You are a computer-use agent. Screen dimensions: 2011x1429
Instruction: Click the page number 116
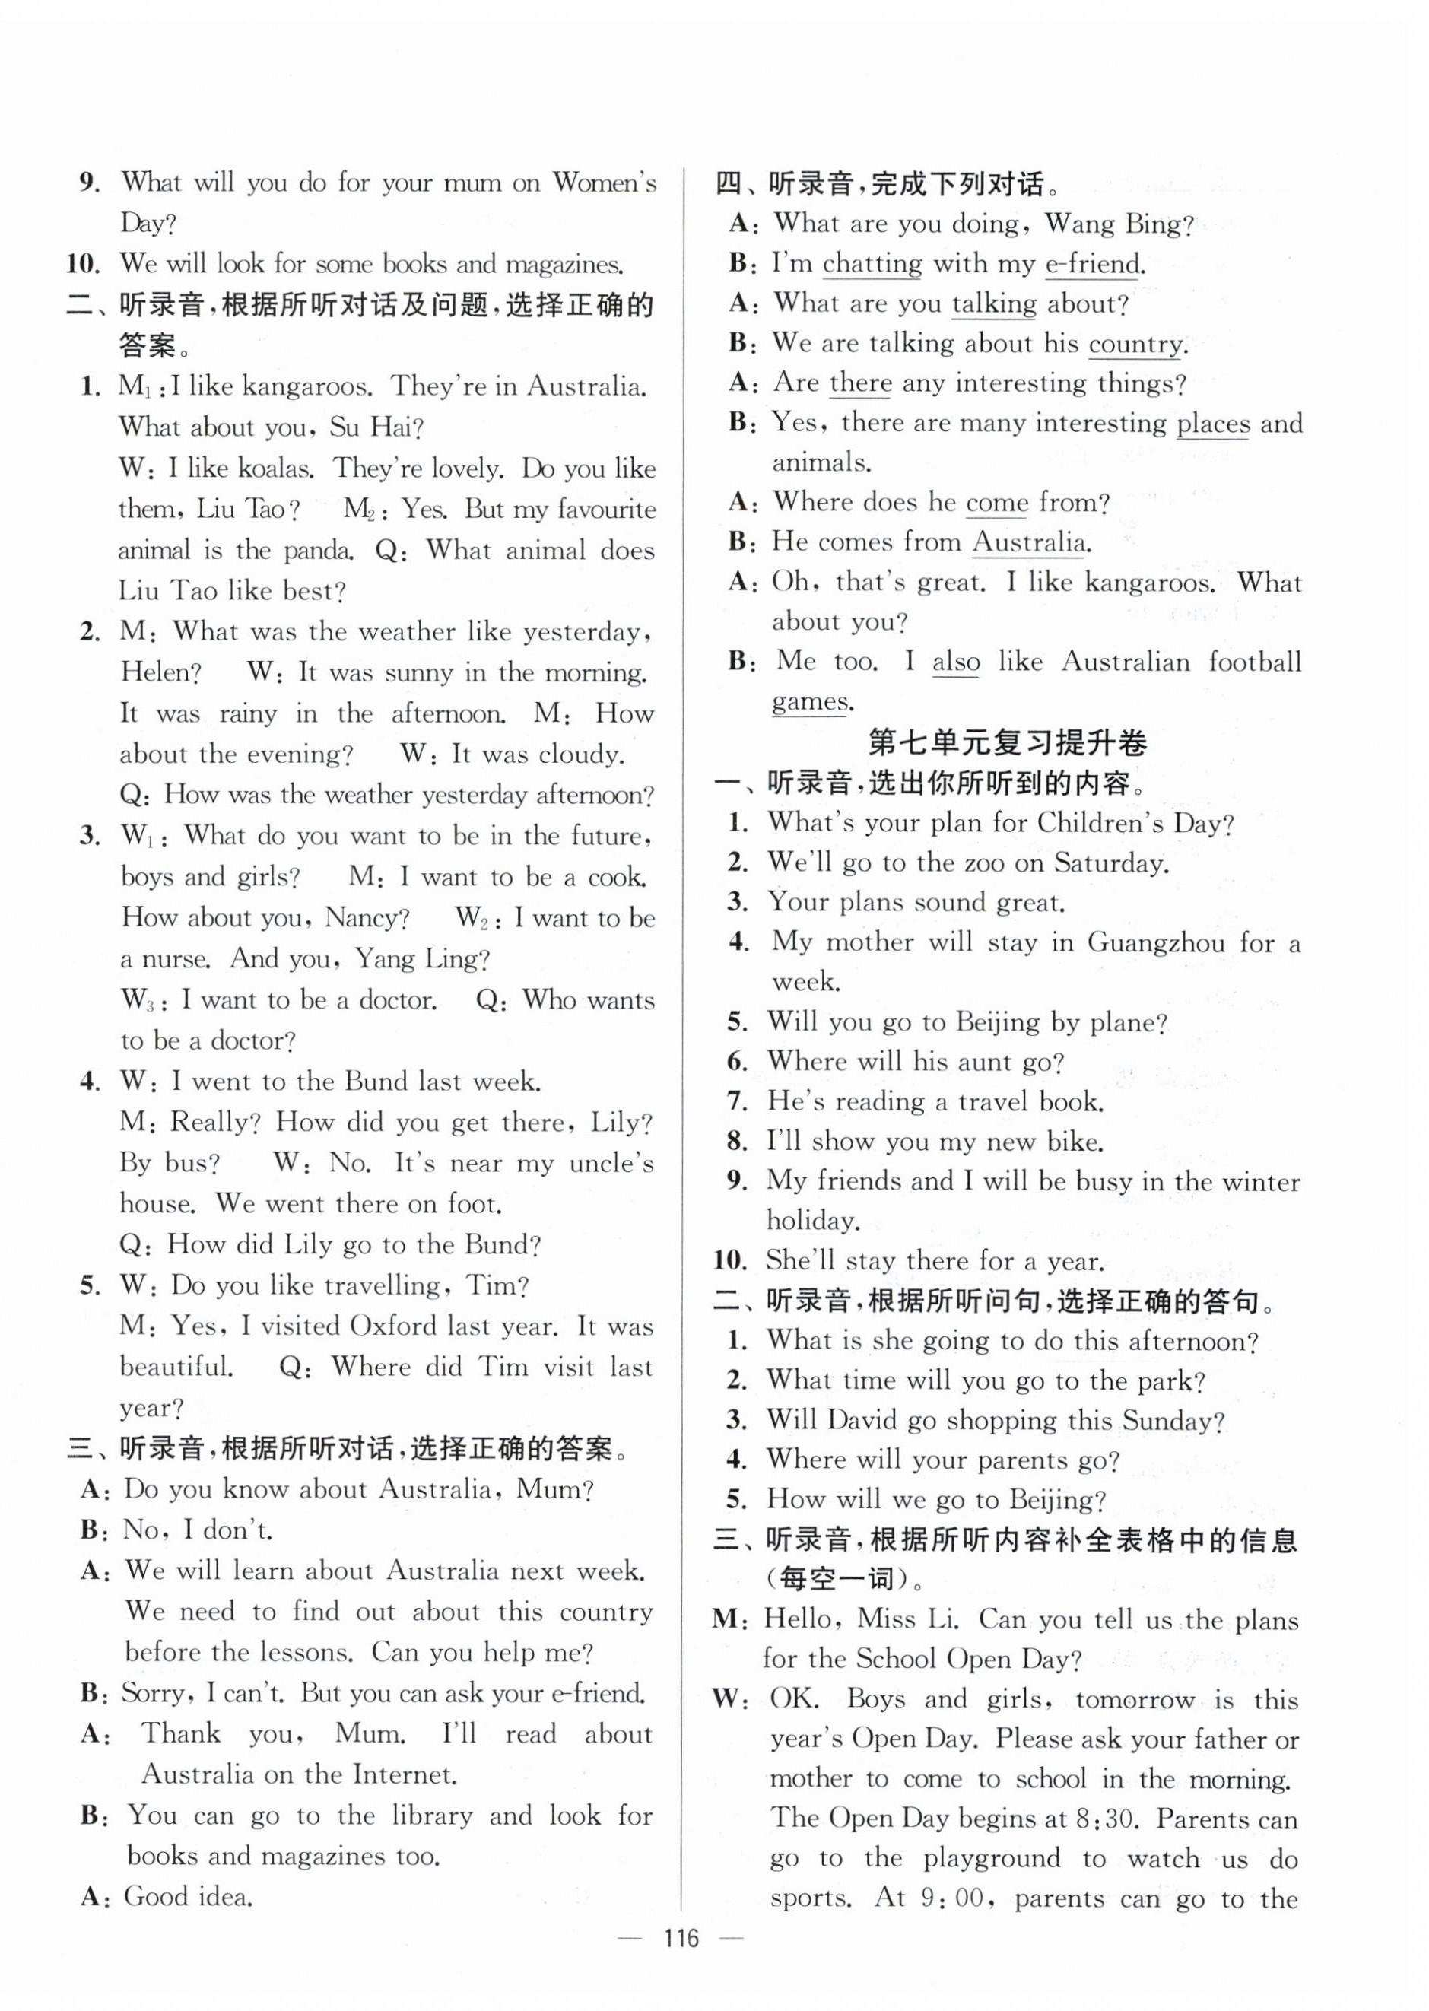(681, 1962)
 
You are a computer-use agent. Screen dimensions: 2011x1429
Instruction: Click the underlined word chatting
(872, 263)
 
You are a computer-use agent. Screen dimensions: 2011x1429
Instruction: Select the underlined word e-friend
(1092, 263)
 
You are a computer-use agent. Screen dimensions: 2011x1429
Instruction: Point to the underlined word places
(1212, 424)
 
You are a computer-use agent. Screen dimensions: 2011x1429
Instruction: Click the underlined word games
(811, 701)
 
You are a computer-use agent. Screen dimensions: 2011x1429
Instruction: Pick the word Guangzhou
(1155, 942)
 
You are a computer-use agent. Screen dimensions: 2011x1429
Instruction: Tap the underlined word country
(1135, 343)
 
